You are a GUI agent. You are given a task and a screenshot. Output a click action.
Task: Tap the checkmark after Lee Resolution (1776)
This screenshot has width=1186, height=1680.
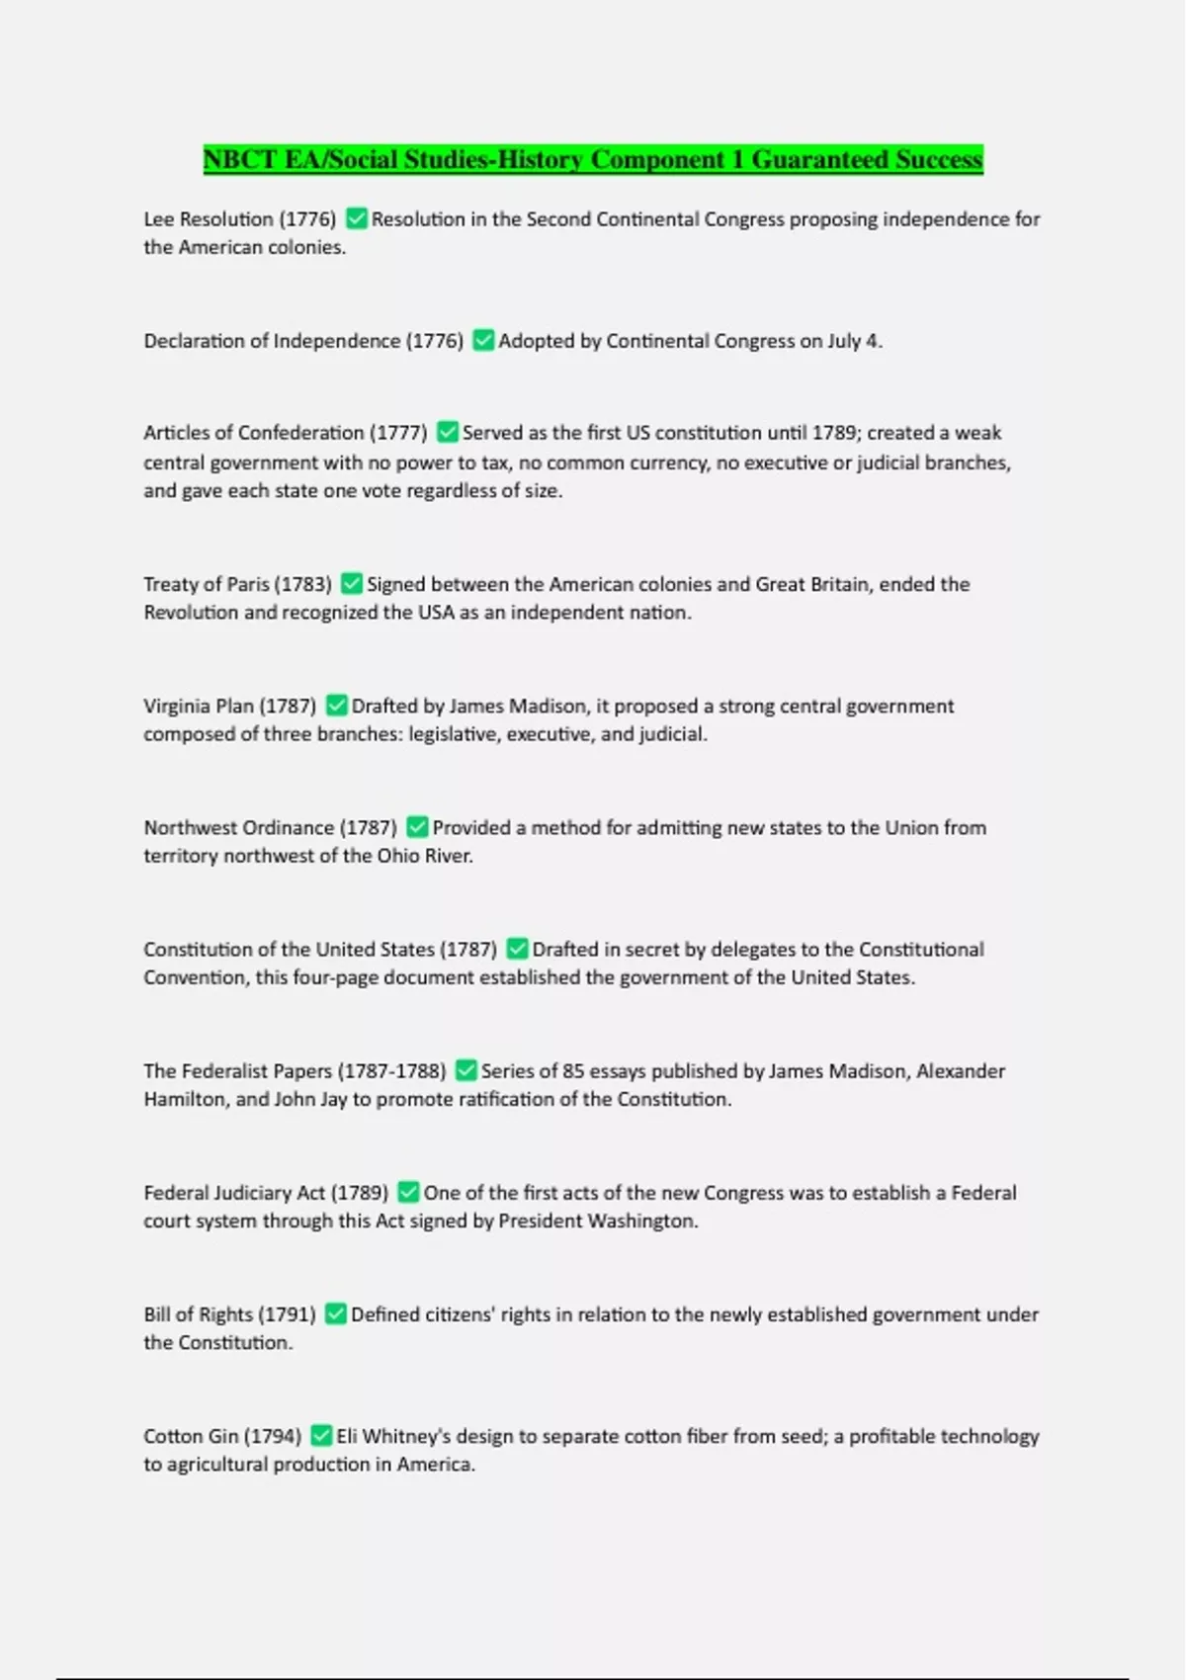(357, 218)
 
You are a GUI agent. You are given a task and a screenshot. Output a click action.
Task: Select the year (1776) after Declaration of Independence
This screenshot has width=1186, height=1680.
(435, 341)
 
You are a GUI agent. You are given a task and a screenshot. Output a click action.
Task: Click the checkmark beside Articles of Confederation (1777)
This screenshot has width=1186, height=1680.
(448, 433)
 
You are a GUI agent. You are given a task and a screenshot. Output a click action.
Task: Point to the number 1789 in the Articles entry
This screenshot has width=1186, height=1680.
(834, 433)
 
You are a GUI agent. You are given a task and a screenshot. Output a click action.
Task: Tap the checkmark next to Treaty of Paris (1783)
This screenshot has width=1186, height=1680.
(352, 584)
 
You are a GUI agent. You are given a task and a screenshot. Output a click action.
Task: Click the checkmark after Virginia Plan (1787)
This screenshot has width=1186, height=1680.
(337, 706)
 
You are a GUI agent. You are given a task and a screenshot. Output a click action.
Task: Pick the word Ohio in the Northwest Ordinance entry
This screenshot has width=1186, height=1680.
(397, 856)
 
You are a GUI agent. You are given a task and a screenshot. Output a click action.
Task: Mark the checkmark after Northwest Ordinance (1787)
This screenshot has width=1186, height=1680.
(418, 827)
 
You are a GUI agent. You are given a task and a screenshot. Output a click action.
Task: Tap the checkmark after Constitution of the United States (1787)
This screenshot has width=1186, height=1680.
(517, 949)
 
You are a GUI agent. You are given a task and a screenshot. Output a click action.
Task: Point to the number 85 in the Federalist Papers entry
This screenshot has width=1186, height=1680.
(573, 1071)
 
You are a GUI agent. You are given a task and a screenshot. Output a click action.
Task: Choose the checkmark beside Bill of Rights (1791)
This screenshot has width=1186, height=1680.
(336, 1314)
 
